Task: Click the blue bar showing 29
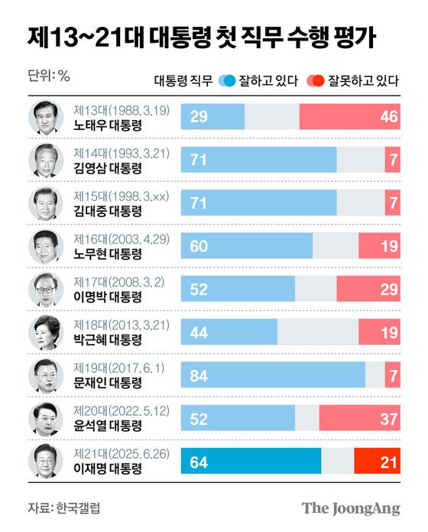pyautogui.click(x=212, y=116)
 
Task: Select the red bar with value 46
pyautogui.click(x=349, y=116)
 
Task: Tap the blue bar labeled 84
pyautogui.click(x=273, y=375)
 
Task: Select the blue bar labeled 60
pyautogui.click(x=246, y=245)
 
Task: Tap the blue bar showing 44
pyautogui.click(x=229, y=332)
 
